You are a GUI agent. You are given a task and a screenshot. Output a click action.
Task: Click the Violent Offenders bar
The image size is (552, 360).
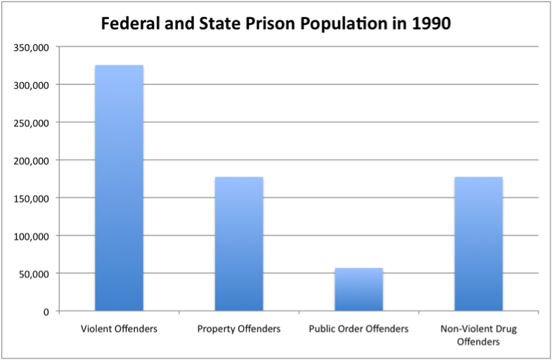point(119,188)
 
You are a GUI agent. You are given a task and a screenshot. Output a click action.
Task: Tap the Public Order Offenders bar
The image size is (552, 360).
point(359,289)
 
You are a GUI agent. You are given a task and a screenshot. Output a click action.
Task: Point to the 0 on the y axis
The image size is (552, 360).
point(46,311)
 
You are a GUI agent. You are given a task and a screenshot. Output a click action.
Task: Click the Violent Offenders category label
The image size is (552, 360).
point(119,328)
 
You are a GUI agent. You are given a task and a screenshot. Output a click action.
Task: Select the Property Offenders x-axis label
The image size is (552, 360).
point(239,328)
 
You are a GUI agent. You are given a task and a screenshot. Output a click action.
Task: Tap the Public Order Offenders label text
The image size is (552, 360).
point(359,328)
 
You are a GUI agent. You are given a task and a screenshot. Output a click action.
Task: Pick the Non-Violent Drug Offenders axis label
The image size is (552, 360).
point(478,335)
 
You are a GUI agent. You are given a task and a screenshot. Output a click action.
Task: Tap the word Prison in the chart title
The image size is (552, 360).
point(283,23)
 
